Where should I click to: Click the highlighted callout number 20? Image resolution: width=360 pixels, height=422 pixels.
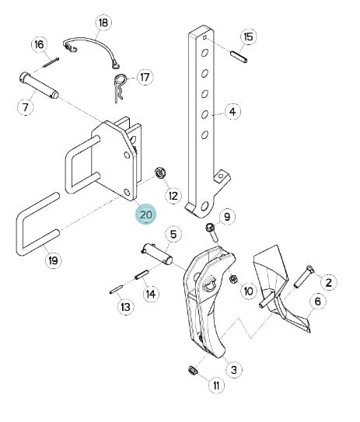point(146,214)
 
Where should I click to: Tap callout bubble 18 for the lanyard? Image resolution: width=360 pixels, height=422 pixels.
point(103,23)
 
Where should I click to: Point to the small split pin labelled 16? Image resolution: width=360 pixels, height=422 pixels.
point(51,62)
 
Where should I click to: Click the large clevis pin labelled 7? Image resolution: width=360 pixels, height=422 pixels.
point(39,85)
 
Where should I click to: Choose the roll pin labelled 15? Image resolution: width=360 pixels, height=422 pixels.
point(239,57)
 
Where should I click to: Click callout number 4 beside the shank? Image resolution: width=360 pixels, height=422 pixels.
point(232,111)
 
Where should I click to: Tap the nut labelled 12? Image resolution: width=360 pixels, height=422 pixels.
point(160,173)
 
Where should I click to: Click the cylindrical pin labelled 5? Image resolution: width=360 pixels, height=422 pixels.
point(157,253)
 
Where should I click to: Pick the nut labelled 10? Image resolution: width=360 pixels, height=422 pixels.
point(233,279)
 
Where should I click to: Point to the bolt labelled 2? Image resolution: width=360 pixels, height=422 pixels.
point(304,277)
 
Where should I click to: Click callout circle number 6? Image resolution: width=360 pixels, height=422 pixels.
point(318,302)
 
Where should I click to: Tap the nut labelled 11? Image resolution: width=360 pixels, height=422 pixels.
point(193,371)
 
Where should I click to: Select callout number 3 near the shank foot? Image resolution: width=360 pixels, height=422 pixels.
point(234,369)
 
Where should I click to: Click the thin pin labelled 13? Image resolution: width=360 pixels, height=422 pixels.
point(117,288)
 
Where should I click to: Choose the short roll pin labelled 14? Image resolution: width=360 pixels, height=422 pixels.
point(142,275)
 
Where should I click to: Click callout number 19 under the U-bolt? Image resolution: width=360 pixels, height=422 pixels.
point(53,260)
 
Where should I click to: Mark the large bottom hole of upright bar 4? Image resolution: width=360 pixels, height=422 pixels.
point(204,207)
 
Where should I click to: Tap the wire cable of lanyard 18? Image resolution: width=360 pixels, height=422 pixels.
point(92,42)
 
